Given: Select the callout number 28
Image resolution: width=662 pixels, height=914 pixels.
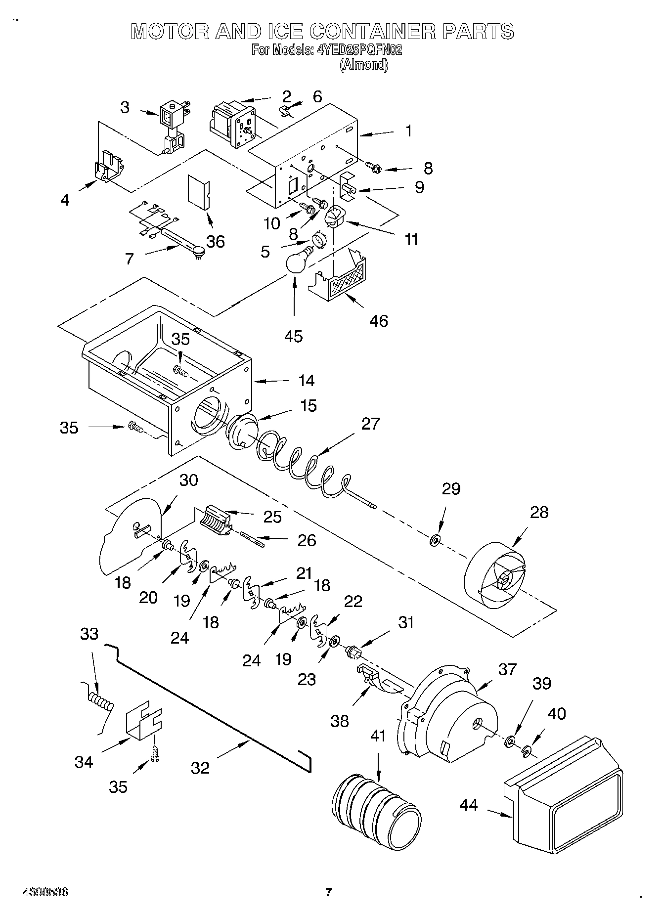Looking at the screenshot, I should click(538, 512).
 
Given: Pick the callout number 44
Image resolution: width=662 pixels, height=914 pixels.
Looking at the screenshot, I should click(468, 805).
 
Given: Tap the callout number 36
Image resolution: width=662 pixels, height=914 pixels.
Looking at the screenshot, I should click(215, 241).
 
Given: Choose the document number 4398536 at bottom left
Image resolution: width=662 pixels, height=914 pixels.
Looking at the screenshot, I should click(45, 892).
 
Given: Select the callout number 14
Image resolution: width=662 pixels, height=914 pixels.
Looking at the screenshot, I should click(306, 380).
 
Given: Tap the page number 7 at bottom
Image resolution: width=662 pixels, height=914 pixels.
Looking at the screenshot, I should click(328, 892).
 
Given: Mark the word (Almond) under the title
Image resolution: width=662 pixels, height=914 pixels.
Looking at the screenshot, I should click(363, 65).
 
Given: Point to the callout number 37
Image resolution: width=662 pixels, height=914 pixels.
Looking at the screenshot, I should click(507, 669).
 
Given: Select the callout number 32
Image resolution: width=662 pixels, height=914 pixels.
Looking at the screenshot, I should click(200, 768).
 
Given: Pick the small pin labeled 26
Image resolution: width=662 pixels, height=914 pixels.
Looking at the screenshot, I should click(253, 538).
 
